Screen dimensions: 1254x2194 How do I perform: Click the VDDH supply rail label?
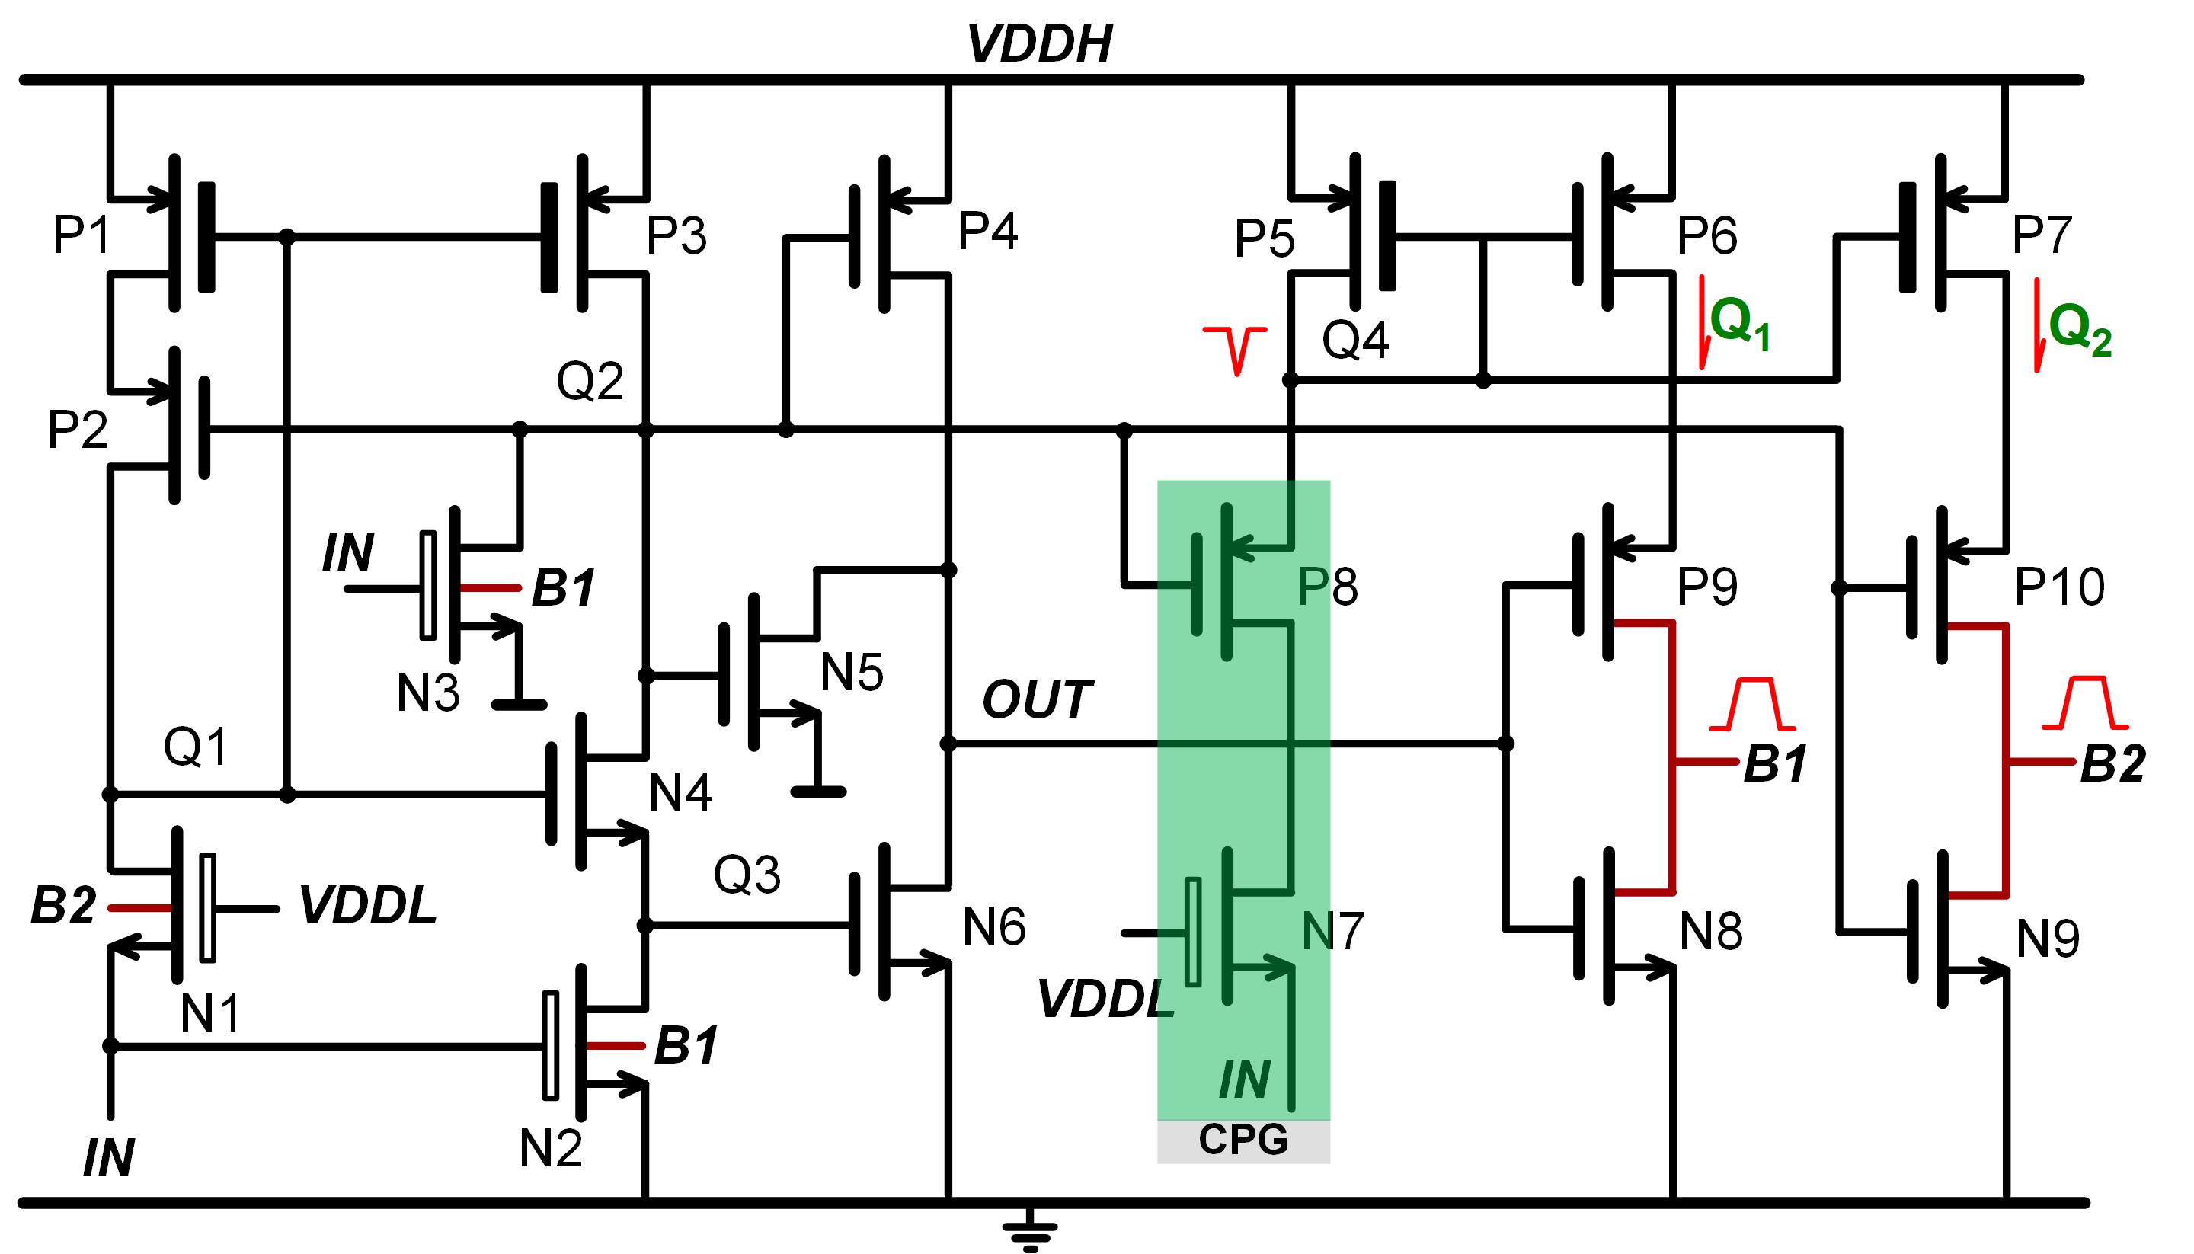pos(1039,44)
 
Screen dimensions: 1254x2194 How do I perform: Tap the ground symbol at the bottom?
pos(1030,1233)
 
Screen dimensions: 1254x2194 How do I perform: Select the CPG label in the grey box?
pos(1243,1140)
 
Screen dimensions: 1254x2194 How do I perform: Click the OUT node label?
pos(1037,699)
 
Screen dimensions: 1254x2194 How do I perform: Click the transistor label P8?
pos(1327,587)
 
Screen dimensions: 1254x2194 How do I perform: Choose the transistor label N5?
pos(851,672)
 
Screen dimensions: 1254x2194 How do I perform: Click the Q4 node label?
pos(1355,341)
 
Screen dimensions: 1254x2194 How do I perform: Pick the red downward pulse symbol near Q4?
pos(1236,350)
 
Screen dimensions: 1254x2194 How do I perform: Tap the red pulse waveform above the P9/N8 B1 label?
pos(1752,705)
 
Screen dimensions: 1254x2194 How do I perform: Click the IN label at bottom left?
pos(108,1159)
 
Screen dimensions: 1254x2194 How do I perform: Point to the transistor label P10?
pos(2059,587)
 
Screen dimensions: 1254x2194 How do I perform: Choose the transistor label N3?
pos(428,693)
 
